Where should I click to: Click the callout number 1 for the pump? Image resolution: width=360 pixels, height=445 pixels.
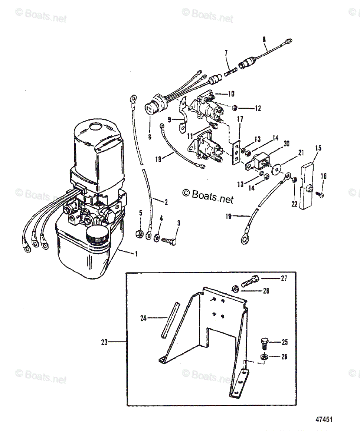point(137,254)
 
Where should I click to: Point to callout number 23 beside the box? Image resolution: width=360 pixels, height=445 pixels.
point(105,342)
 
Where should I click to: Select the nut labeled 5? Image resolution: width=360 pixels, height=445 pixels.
point(140,234)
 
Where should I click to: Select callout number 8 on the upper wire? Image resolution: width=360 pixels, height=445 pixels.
point(264,38)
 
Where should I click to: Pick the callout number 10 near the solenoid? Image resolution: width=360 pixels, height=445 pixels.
point(231,94)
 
